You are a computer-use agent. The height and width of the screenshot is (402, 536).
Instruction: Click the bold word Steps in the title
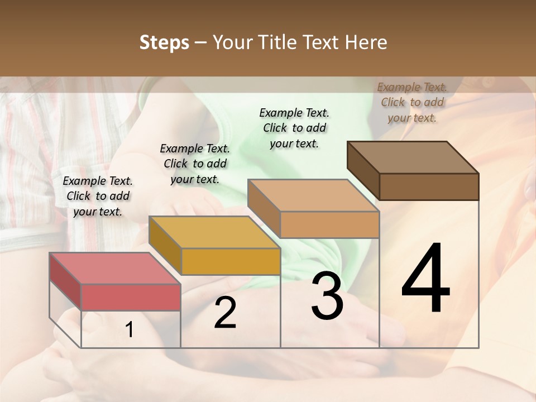164,42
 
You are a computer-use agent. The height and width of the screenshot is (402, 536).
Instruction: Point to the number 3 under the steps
327,296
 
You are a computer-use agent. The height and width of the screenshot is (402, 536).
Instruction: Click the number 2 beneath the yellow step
225,313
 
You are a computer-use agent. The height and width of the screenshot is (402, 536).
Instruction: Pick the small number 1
130,330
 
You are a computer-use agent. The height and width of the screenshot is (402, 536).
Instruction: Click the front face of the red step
131,297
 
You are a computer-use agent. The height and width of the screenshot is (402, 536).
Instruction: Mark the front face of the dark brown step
429,186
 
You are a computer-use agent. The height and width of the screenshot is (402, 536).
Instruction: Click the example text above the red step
98,196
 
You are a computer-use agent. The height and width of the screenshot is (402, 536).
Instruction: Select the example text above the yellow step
195,164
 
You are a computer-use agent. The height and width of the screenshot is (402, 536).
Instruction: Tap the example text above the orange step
294,128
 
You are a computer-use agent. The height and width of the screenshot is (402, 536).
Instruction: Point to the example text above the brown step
412,102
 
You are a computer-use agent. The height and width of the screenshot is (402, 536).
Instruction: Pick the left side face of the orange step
264,208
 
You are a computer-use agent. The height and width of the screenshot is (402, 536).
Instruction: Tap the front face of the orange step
329,225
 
